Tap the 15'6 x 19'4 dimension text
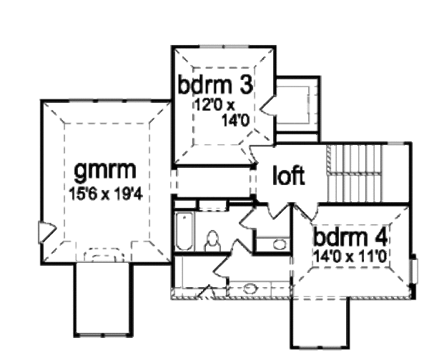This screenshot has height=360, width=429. point(106,194)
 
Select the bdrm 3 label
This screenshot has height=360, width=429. point(215,84)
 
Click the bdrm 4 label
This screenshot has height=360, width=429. point(350,237)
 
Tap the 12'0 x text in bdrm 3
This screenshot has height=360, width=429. point(214,105)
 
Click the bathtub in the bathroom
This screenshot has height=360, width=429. point(184,231)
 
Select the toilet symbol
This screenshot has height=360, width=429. point(212,241)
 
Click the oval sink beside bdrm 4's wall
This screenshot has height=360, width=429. point(279,244)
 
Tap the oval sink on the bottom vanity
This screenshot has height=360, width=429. point(250,289)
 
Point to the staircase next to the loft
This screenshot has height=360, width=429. point(354,174)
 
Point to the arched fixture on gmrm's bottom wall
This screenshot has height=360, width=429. point(104,255)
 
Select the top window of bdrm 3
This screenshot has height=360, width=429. point(223,46)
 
